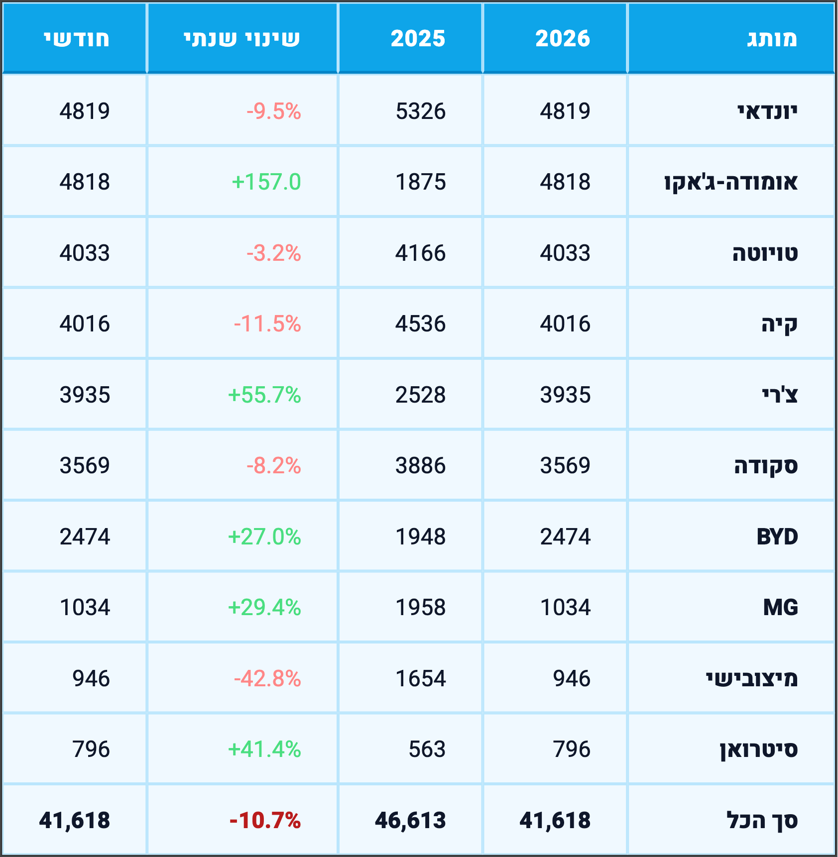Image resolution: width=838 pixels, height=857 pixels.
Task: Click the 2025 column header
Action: (418, 39)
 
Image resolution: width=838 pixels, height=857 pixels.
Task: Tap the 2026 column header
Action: (563, 39)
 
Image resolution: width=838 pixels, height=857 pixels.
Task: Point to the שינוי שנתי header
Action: (242, 39)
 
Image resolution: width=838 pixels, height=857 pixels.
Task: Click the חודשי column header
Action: (77, 39)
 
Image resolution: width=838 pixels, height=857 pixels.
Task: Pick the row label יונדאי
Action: (767, 111)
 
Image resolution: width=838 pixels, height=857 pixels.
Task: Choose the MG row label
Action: (780, 608)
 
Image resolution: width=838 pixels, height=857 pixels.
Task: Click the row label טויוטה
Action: (765, 253)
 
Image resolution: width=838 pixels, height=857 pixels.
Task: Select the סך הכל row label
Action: (762, 821)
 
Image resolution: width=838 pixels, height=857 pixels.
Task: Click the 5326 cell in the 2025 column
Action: (420, 111)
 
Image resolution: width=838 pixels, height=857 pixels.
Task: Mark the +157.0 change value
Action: (266, 182)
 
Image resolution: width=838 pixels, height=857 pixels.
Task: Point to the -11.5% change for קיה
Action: (267, 324)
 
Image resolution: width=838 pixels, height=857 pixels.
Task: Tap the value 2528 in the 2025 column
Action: (420, 395)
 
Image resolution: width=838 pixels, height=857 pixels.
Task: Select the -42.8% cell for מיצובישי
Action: (267, 679)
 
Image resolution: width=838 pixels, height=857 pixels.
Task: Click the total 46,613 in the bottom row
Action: (410, 821)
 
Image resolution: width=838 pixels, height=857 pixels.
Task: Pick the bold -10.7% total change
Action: (265, 821)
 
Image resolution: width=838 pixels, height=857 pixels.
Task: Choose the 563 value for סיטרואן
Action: (427, 750)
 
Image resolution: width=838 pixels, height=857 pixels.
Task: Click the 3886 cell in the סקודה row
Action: (420, 466)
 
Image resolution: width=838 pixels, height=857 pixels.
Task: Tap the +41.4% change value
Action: (264, 750)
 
